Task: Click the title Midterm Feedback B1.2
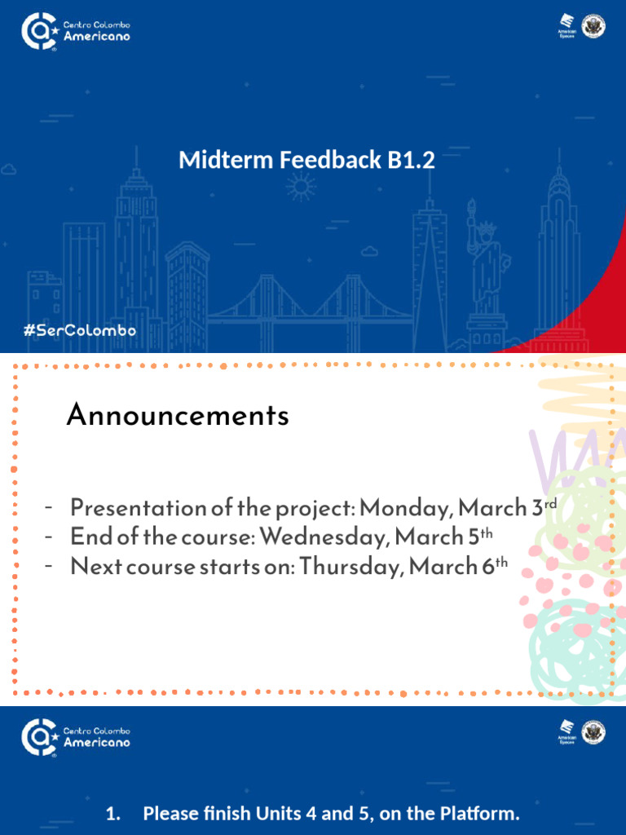[306, 161]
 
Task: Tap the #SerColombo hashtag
[80, 331]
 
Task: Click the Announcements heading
[178, 416]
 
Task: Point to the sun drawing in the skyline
[301, 188]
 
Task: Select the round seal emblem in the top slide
[595, 26]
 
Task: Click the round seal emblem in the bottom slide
[595, 731]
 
